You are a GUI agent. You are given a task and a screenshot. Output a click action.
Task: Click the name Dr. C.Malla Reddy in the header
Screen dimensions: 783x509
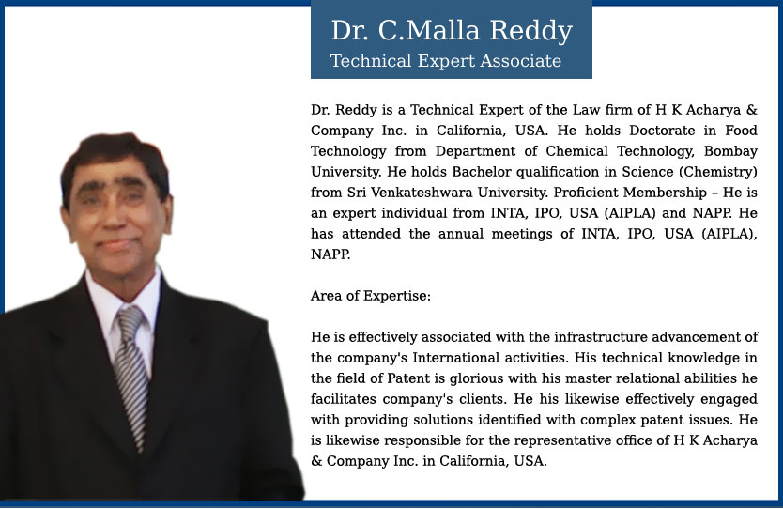point(452,30)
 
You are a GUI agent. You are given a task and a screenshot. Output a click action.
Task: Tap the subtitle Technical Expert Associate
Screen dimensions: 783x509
point(446,61)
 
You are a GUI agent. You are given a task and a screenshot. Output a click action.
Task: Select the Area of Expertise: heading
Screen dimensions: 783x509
point(371,296)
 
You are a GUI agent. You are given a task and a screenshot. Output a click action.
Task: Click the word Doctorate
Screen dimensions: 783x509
point(662,131)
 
